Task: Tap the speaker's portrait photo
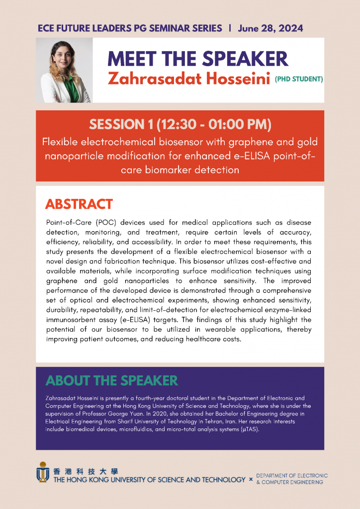[x=64, y=70]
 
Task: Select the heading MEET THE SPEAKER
[x=198, y=59]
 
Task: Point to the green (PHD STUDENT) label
[x=299, y=79]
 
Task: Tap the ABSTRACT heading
[x=79, y=204]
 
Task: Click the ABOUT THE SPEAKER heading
[x=111, y=381]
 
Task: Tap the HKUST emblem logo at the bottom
[x=43, y=472]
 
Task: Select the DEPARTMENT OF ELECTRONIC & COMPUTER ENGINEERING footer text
[x=291, y=479]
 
